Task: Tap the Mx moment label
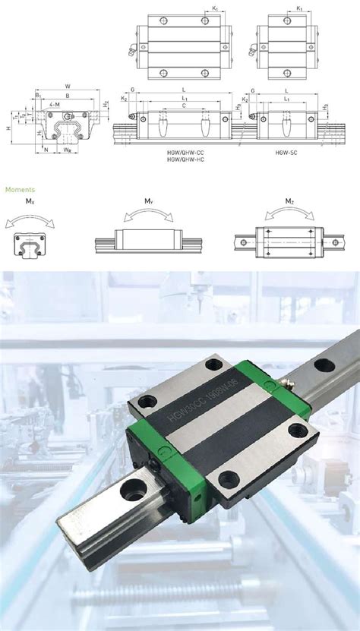(x=29, y=201)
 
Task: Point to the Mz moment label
(x=289, y=201)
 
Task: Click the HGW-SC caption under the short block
(x=286, y=152)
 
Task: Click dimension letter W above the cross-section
(x=68, y=87)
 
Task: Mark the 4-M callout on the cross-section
(x=55, y=103)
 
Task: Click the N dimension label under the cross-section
(x=47, y=150)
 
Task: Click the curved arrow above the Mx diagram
(x=29, y=218)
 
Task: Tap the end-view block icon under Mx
(x=29, y=245)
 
